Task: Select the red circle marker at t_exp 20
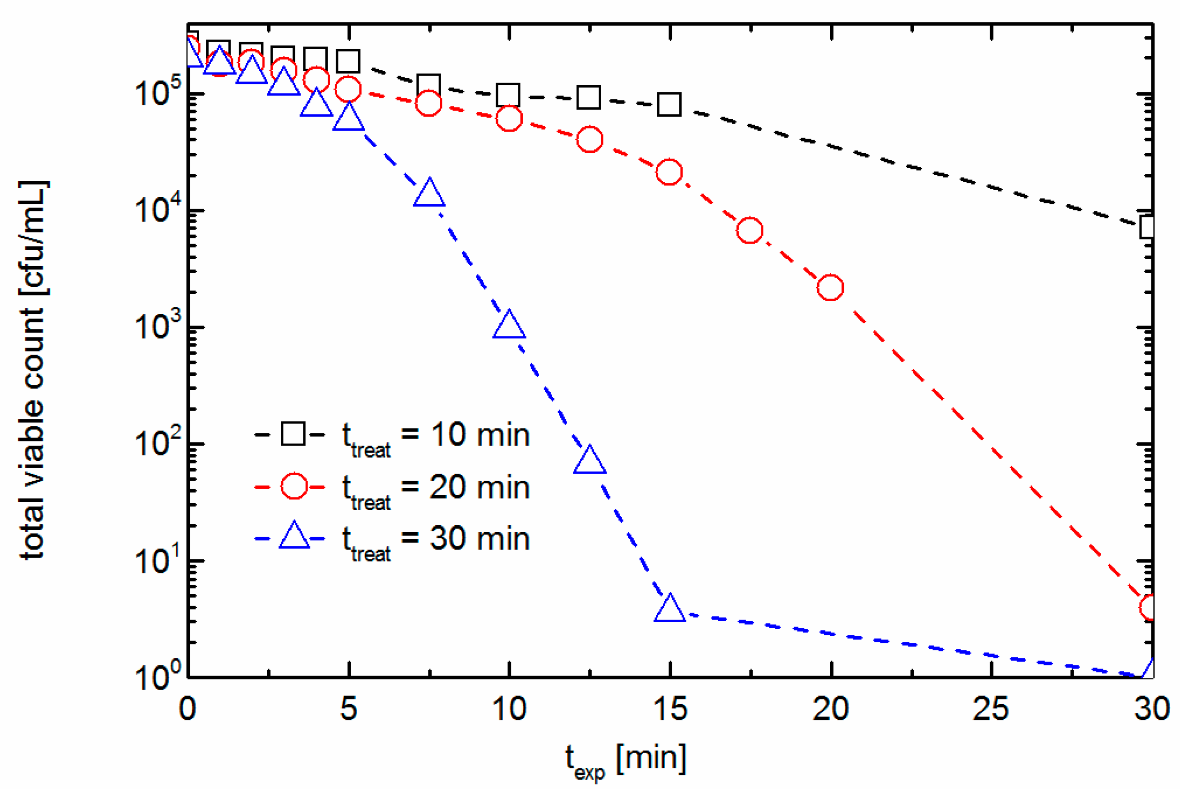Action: pos(830,287)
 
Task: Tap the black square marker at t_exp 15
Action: pos(669,104)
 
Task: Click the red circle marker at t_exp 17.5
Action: pos(750,230)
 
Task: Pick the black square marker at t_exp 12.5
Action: pos(589,97)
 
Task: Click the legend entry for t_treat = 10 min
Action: pos(436,435)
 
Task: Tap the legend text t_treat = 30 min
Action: pos(436,539)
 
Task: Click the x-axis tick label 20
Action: pos(831,709)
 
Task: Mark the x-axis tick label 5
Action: pos(348,709)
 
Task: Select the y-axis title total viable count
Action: pos(33,369)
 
